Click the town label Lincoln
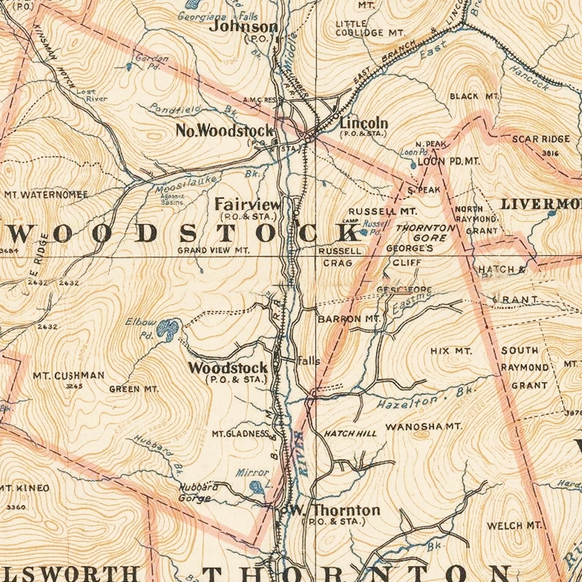click(x=364, y=123)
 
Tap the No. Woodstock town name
click(x=225, y=131)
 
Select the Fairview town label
click(x=248, y=204)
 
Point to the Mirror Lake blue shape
click(x=256, y=486)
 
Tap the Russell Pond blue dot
click(x=364, y=232)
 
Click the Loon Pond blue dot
click(x=413, y=165)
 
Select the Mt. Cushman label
click(x=68, y=376)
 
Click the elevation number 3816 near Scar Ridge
click(x=550, y=153)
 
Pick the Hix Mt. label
click(x=451, y=352)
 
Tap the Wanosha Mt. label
click(x=424, y=427)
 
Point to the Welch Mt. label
click(x=514, y=526)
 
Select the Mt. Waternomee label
click(x=46, y=194)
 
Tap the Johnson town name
click(x=244, y=27)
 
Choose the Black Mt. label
click(x=474, y=96)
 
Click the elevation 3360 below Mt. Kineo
click(x=16, y=507)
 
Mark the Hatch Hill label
click(x=350, y=433)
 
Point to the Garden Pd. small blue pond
click(x=129, y=67)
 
